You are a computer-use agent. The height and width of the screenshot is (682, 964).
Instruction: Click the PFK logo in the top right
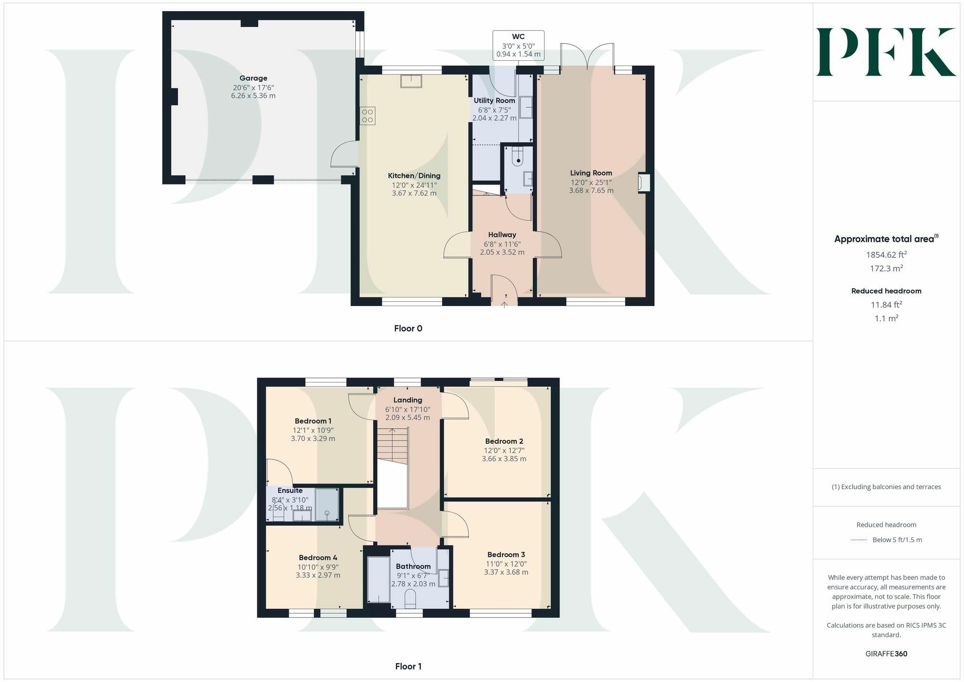tap(885, 52)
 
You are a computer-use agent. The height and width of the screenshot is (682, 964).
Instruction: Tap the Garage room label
tap(253, 78)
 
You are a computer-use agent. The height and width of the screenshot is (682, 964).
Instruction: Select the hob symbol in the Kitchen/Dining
tap(367, 116)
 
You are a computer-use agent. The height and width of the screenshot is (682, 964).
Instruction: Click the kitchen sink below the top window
tap(411, 81)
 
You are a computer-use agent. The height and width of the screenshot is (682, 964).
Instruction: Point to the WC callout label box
tap(518, 45)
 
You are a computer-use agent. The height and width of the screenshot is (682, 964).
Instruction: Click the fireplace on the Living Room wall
tap(643, 183)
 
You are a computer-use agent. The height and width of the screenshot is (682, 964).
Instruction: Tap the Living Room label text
tap(591, 173)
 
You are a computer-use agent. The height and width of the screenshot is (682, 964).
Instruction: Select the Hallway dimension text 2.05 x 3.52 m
tap(502, 252)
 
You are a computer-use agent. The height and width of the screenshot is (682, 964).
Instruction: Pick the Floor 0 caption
tap(408, 329)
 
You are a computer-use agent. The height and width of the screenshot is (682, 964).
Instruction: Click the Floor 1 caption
tap(408, 667)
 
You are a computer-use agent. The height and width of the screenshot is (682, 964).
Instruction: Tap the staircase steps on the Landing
tap(392, 443)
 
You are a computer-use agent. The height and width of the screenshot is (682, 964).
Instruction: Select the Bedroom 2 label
tap(504, 441)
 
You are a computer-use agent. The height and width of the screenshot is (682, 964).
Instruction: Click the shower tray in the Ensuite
tap(327, 505)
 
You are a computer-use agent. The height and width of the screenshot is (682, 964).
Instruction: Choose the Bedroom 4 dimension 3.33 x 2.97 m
tap(318, 575)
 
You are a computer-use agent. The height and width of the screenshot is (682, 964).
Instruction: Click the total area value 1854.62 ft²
tap(886, 255)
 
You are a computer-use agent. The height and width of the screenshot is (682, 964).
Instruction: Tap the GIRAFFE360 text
tap(886, 654)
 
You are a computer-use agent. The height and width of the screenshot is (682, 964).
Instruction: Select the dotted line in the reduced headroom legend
tap(859, 540)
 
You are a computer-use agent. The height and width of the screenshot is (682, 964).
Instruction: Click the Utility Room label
tap(494, 101)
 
